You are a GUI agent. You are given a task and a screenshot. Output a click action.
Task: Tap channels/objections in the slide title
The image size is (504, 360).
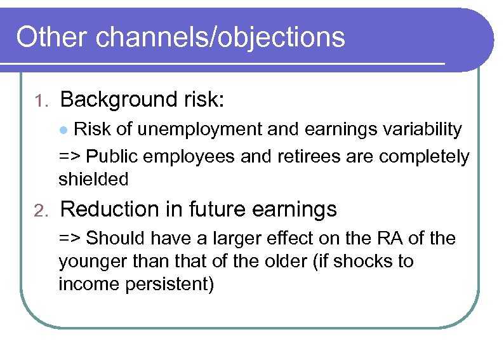click(221, 38)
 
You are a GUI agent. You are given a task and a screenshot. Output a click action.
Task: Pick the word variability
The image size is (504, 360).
click(421, 130)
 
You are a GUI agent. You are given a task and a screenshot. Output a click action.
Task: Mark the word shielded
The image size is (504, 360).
click(93, 180)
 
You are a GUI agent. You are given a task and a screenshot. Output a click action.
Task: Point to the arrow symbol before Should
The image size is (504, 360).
click(70, 239)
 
